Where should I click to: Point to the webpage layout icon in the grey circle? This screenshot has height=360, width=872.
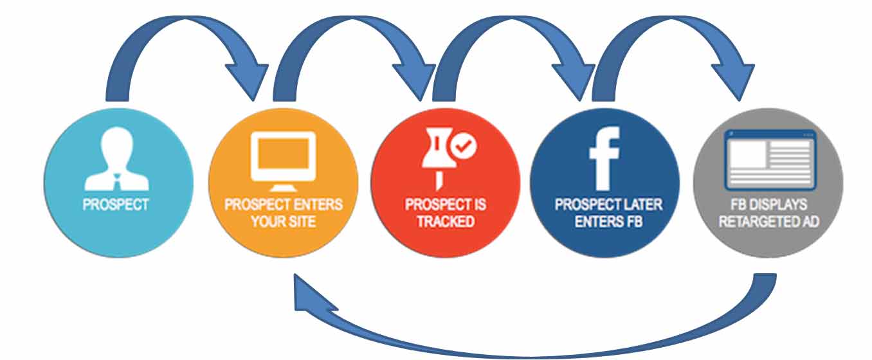[769, 159]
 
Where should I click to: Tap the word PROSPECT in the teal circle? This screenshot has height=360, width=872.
[116, 205]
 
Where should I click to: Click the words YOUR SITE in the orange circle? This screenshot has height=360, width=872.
[283, 222]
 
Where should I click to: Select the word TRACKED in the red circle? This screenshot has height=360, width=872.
[445, 222]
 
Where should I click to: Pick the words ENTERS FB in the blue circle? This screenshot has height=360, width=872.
[604, 222]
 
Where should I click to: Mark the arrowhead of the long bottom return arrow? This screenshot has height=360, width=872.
[305, 295]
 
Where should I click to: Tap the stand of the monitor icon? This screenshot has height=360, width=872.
[283, 186]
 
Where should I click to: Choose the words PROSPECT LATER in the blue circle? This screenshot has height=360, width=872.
[608, 206]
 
